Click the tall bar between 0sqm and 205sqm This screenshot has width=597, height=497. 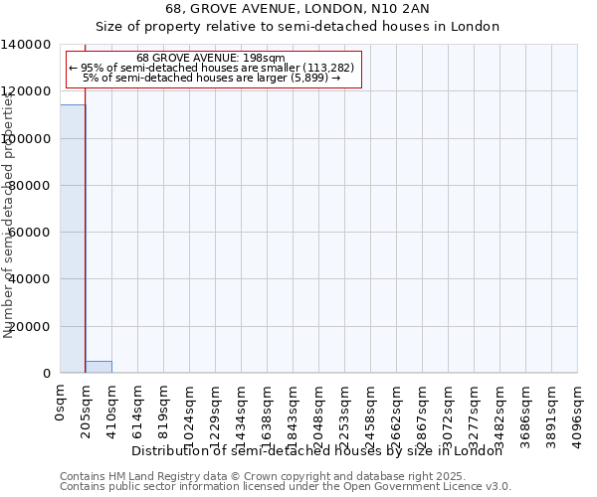[x=73, y=239]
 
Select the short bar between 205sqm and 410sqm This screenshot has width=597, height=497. [x=99, y=367]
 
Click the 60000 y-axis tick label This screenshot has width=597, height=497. [x=31, y=233]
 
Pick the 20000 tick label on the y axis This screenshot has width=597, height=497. [x=31, y=326]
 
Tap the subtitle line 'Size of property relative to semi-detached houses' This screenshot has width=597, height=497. [x=298, y=27]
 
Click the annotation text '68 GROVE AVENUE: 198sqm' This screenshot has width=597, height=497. [x=211, y=58]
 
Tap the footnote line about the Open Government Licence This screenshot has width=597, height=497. [x=286, y=487]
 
